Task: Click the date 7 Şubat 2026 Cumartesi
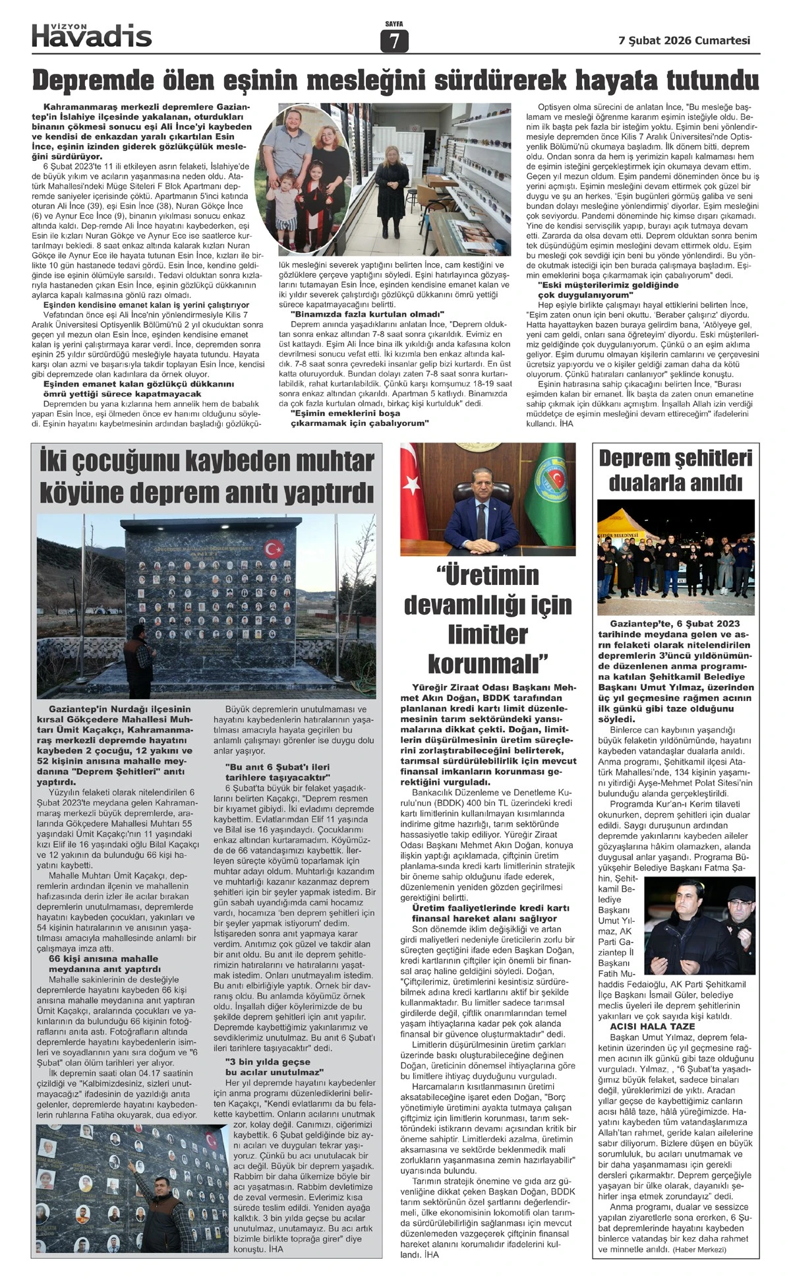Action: (x=684, y=40)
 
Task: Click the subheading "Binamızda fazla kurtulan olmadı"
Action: (x=367, y=315)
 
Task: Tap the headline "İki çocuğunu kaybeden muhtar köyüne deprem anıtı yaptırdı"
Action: (x=206, y=476)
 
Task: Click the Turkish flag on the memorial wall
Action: (x=274, y=547)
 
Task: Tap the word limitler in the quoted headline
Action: (x=488, y=634)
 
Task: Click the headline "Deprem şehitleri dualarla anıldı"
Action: (x=676, y=471)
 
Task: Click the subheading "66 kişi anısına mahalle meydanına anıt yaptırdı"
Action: (x=104, y=963)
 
